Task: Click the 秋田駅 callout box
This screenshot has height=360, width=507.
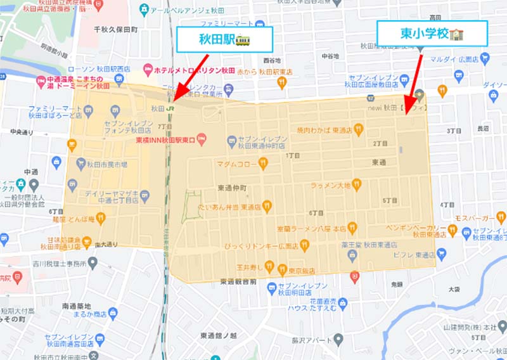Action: pos(224,40)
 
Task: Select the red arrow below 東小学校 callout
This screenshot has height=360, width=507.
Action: pos(413,79)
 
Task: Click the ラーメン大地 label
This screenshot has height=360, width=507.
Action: pos(331,186)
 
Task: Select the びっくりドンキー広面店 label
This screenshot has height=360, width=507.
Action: pos(261,245)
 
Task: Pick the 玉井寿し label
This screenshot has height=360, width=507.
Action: pos(241,267)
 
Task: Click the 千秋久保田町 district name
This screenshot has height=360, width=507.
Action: pos(115,29)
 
